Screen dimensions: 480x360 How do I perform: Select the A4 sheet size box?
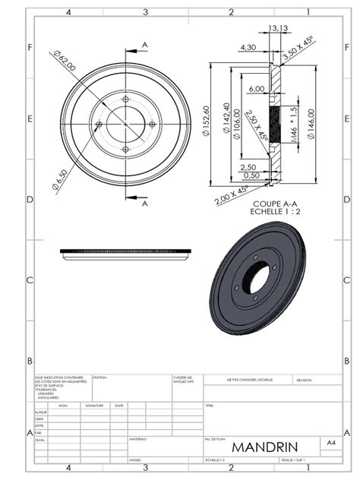coord(331,441)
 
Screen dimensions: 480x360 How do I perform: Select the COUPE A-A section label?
coord(271,203)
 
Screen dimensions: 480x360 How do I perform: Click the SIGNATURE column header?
coord(94,406)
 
